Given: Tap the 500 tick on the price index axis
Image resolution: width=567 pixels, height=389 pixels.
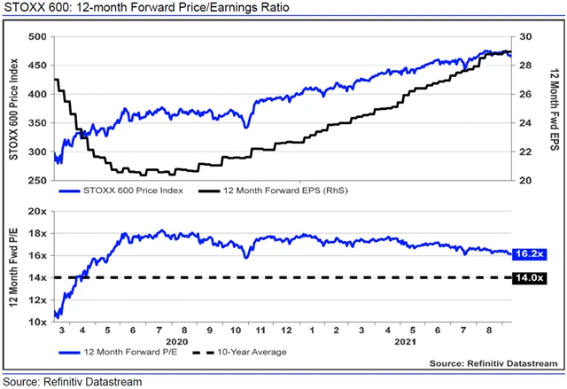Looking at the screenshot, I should click(38, 37).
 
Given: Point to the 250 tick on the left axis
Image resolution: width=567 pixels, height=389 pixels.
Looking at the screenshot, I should click(38, 181).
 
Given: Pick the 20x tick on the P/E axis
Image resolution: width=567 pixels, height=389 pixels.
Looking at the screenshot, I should click(37, 212).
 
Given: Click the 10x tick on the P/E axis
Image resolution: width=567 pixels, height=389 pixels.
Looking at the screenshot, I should click(37, 322).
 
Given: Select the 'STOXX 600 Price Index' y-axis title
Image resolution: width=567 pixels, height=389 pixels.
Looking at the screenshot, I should click(14, 108).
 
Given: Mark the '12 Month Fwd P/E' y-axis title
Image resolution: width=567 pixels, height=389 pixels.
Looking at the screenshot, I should click(14, 266).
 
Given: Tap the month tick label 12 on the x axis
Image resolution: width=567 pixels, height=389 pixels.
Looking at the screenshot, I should click(285, 330).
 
